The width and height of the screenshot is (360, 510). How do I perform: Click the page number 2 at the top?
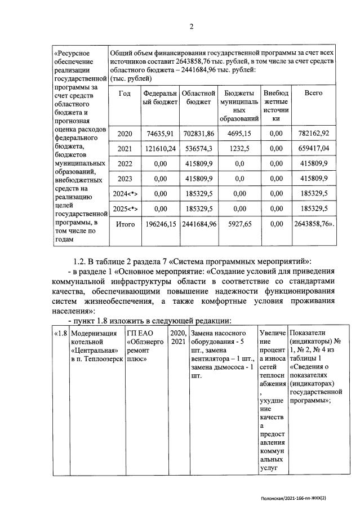point(191,26)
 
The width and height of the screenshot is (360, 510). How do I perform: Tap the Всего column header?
point(313,93)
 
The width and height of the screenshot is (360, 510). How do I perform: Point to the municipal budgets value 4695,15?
point(241,134)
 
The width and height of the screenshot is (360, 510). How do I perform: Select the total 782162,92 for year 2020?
point(313,134)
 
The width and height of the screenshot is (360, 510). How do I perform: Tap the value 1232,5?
point(241,149)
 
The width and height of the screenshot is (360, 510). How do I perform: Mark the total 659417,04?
point(313,149)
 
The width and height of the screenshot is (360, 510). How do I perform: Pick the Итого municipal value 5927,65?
point(241,224)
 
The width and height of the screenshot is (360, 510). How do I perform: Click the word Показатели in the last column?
point(309,333)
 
